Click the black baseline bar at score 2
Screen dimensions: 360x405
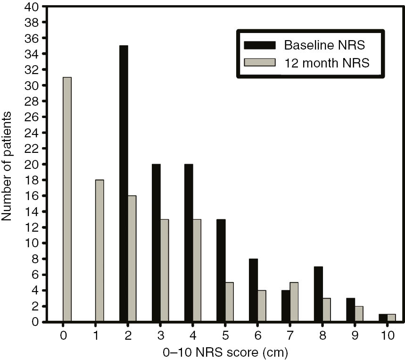pyautogui.click(x=124, y=184)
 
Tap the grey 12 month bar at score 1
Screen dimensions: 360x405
pyautogui.click(x=99, y=251)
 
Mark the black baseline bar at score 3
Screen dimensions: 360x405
pyautogui.click(x=157, y=243)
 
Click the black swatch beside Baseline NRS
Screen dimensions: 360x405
pyautogui.click(x=259, y=45)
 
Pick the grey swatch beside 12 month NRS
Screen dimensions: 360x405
pyautogui.click(x=259, y=62)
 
